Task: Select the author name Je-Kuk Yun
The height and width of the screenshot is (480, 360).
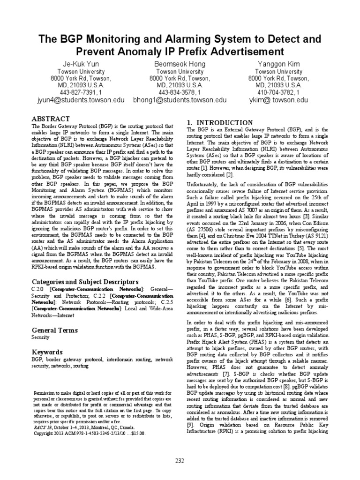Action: coord(81,63)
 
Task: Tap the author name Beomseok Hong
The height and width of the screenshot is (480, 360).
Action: coord(180,63)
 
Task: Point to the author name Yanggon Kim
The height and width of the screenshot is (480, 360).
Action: coord(278,63)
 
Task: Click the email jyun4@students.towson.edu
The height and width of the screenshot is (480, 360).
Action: coord(81,100)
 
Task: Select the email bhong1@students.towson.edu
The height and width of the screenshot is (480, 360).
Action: coord(180,100)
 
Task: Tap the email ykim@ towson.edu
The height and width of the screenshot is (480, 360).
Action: coord(278,100)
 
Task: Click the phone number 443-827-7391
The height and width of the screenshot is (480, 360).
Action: coord(78,93)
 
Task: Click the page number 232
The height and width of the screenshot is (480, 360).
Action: coord(180,461)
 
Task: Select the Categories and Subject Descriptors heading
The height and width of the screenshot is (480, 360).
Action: coord(85,282)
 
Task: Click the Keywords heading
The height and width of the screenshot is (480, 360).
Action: coord(47,352)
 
